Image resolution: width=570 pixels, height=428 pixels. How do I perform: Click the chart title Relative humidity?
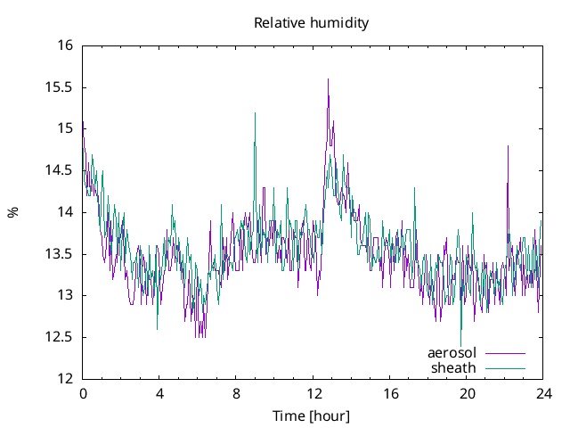point(311,22)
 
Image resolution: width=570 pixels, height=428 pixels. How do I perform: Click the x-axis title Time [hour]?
point(311,416)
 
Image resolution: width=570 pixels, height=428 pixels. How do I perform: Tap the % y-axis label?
point(12,212)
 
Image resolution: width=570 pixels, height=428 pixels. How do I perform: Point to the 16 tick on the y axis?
point(66,45)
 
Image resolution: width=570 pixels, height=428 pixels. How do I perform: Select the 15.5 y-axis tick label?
point(61,87)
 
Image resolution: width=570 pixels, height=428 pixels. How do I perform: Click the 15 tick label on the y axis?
point(66,128)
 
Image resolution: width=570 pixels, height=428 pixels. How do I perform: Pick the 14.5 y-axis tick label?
point(61,170)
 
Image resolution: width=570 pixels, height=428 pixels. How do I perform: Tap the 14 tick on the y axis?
point(66,212)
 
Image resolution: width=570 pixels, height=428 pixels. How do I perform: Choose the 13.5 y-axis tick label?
point(61,254)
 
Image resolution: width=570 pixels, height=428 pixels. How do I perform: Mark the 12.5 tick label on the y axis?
point(61,337)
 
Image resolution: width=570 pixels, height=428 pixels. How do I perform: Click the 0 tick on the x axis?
point(83,393)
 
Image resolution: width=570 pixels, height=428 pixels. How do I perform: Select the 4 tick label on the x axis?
point(159,393)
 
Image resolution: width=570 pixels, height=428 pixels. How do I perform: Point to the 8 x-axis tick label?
point(237,393)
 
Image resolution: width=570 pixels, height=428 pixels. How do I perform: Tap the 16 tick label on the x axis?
point(390,393)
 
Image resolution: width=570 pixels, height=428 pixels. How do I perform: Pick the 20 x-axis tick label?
point(467,393)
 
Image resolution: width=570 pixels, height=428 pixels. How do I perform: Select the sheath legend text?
point(454,367)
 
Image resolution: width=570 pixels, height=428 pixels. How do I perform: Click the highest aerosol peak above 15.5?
point(328,78)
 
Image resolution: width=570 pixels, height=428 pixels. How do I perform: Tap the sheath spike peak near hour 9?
point(255,113)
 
